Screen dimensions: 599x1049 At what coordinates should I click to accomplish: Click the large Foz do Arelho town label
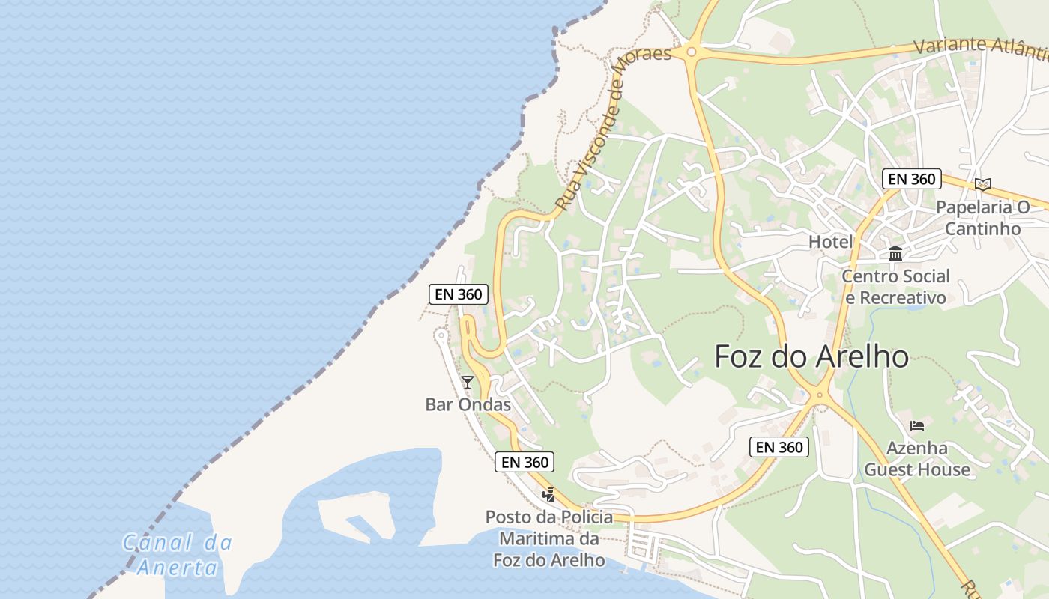click(811, 356)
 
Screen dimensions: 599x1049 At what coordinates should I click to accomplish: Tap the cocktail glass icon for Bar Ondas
click(468, 383)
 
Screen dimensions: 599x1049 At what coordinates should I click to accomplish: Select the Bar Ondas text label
click(468, 405)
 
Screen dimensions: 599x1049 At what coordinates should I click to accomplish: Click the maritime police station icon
click(548, 494)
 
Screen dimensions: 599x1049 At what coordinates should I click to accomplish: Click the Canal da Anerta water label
click(178, 554)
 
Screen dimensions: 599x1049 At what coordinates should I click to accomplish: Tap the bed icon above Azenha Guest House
click(917, 426)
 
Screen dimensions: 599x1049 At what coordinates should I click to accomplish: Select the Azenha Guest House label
click(917, 459)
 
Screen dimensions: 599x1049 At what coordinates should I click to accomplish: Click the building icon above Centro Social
click(895, 253)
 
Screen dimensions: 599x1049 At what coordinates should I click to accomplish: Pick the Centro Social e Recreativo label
click(895, 287)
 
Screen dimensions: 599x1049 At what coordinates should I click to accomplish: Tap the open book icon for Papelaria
click(983, 184)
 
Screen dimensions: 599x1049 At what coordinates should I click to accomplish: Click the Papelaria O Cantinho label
click(982, 218)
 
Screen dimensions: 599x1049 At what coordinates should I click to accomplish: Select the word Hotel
click(830, 242)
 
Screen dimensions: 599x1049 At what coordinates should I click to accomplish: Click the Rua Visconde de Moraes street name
click(613, 127)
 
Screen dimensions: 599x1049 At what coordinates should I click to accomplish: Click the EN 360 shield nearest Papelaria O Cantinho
click(910, 179)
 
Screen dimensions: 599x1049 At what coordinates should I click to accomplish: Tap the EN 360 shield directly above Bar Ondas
click(459, 294)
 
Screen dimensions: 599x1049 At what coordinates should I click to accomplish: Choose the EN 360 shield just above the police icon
click(525, 462)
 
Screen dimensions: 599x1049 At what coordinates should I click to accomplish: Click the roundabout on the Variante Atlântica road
click(691, 52)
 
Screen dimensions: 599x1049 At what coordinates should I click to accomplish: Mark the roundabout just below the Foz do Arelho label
click(820, 395)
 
